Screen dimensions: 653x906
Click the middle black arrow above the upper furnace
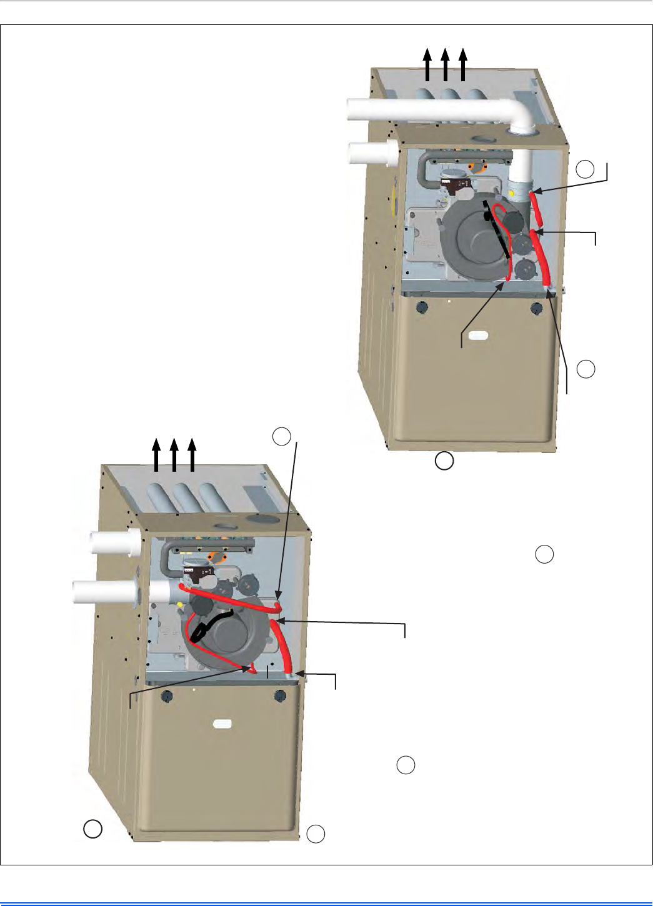point(445,65)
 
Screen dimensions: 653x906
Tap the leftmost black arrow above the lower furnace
point(156,454)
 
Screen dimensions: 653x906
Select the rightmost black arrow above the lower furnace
point(192,454)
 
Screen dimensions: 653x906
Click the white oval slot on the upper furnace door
point(479,336)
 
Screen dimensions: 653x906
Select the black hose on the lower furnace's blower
point(210,625)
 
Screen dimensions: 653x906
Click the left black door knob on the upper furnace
point(421,307)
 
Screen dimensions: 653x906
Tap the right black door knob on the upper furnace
point(537,307)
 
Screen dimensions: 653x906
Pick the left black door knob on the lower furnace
point(166,696)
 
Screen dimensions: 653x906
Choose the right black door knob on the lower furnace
point(280,695)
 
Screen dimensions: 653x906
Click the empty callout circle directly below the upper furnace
point(444,461)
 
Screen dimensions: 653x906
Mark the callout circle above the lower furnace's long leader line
point(282,436)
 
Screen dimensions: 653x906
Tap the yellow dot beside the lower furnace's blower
point(180,604)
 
